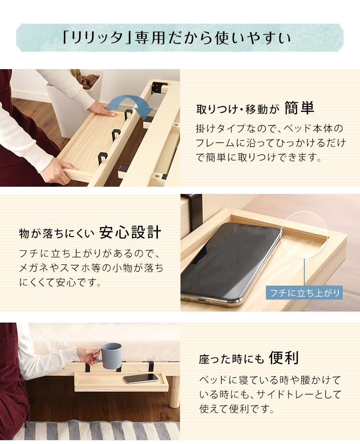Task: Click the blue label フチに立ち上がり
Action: [x=304, y=292]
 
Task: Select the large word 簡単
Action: [x=300, y=108]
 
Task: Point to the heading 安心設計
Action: [x=130, y=232]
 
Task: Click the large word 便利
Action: [x=284, y=358]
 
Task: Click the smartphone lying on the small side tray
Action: [x=141, y=378]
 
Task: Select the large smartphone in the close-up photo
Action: [x=231, y=264]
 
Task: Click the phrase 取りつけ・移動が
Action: [x=238, y=109]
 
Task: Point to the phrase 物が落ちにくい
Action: [x=57, y=234]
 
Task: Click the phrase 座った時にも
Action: [x=231, y=359]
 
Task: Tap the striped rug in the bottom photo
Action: [x=96, y=431]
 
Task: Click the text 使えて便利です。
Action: [x=237, y=409]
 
